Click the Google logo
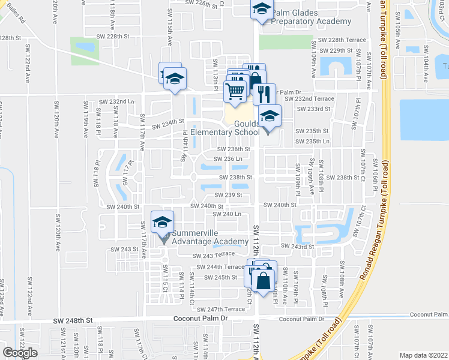click(20, 353)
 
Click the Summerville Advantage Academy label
click(210, 237)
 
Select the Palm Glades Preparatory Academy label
click(311, 17)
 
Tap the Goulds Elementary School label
click(241, 128)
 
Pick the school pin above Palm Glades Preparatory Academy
click(261, 9)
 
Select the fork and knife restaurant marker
click(263, 94)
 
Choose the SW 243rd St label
click(298, 247)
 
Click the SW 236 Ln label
click(228, 159)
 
